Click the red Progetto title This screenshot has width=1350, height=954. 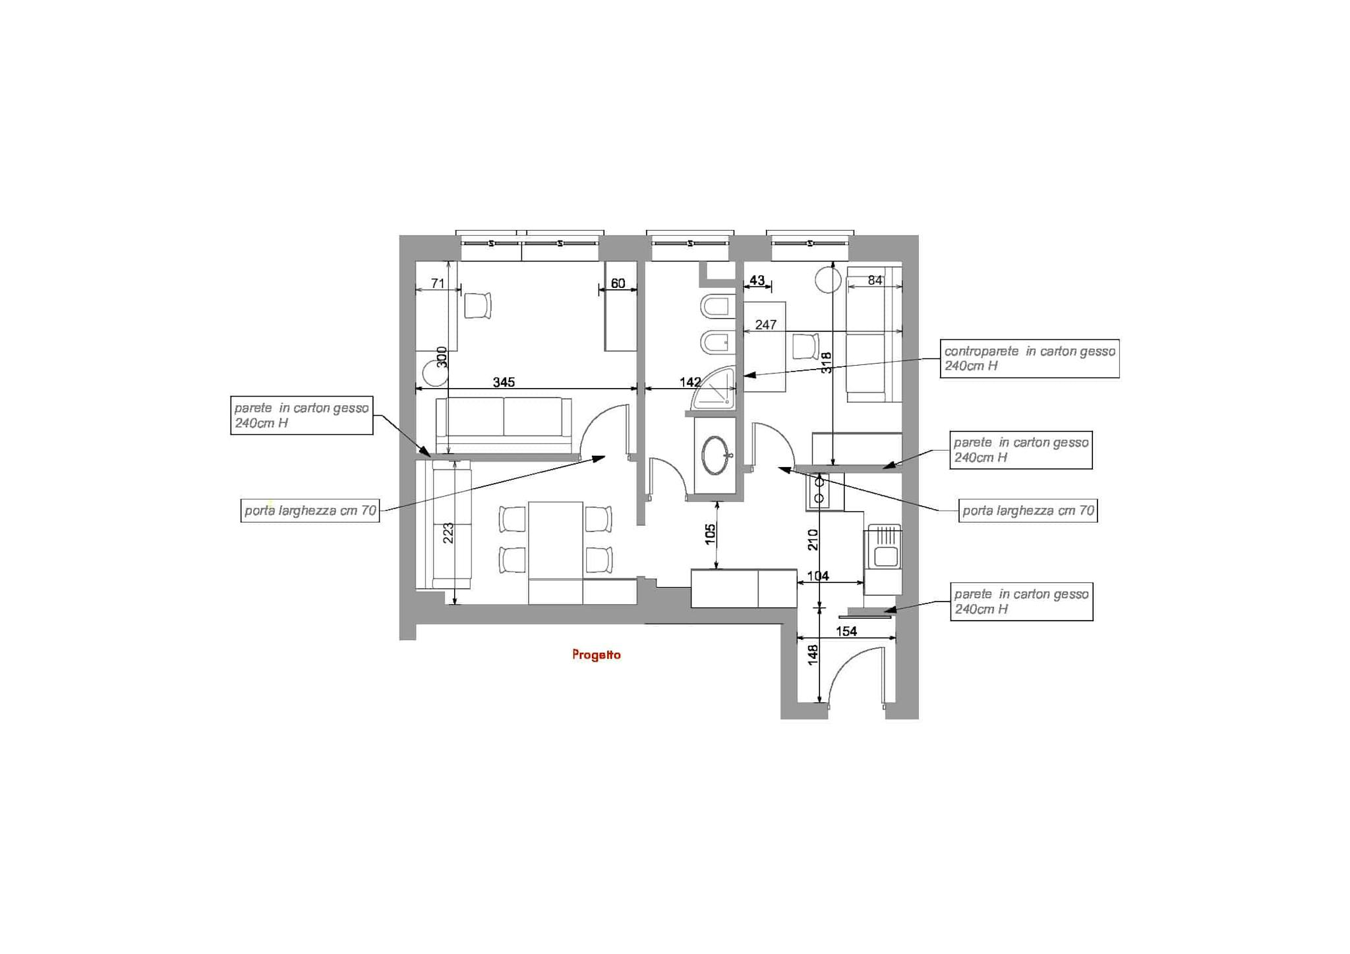(x=597, y=655)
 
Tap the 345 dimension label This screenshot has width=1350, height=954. (x=504, y=382)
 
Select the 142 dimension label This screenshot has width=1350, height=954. (x=690, y=382)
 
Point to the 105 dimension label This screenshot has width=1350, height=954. (x=710, y=534)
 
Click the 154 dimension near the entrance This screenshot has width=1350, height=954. (x=846, y=631)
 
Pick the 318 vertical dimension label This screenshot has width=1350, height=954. (x=826, y=362)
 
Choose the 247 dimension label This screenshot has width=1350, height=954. (x=766, y=325)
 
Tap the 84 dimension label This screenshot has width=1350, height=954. (x=875, y=280)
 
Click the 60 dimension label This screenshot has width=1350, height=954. (x=618, y=283)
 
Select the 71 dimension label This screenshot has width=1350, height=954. (x=438, y=283)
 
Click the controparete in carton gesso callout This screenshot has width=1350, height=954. (x=1030, y=358)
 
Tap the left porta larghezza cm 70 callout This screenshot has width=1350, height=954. (x=310, y=511)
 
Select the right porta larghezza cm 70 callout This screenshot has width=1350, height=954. (x=1028, y=511)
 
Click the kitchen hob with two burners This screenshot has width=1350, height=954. (x=824, y=491)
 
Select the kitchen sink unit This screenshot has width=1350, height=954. (x=883, y=547)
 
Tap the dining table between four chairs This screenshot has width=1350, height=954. (x=556, y=540)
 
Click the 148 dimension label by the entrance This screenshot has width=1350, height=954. (x=813, y=655)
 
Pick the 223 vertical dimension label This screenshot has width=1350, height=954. (x=448, y=533)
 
